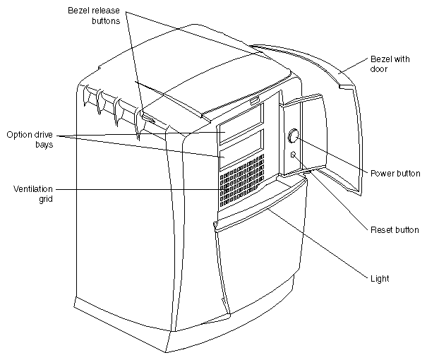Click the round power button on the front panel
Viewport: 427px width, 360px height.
[294, 136]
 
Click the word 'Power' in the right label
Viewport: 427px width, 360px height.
[382, 173]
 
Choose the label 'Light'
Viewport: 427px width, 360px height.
[380, 279]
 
